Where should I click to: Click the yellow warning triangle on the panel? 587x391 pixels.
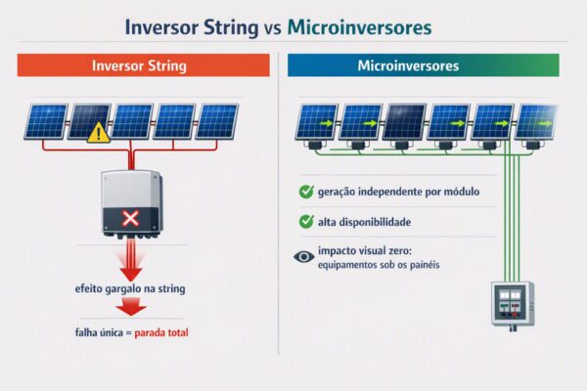point(99,133)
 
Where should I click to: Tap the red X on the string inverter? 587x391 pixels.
point(131,219)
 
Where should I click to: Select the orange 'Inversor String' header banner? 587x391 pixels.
point(144,65)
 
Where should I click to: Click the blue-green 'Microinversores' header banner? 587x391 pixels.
point(424,65)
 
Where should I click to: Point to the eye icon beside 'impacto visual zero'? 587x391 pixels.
point(304,257)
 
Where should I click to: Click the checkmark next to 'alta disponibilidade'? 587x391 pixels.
point(306,222)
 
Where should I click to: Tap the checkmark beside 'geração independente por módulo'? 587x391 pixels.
point(306,192)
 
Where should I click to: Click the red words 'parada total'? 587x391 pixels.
point(161,332)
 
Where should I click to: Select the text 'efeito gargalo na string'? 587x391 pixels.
point(130,289)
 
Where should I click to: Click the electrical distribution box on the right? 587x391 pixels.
point(513,304)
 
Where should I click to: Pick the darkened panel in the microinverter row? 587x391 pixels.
point(404,122)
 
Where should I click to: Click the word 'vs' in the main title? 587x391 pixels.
point(273,28)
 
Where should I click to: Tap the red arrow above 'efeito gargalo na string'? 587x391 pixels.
point(131,261)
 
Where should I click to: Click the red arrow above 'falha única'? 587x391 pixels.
point(131,306)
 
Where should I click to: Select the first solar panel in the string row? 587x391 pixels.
point(46,121)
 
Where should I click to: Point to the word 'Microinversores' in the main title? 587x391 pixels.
point(360,27)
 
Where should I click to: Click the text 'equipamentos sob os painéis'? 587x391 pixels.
point(379,265)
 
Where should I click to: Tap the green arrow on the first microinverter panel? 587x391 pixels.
point(327,123)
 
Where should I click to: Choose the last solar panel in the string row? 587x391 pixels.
point(217,121)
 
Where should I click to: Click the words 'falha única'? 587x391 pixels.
point(99,332)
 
